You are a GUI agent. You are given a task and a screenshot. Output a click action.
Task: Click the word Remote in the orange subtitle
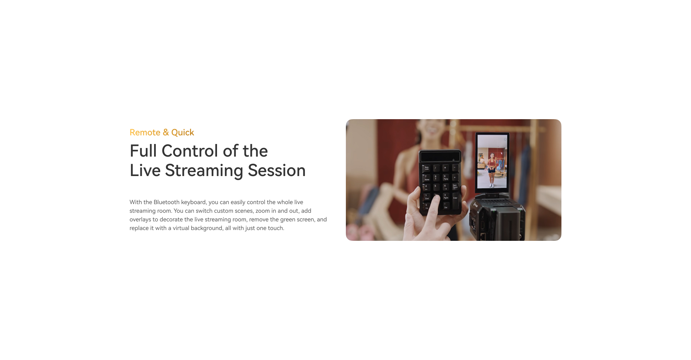click(x=145, y=132)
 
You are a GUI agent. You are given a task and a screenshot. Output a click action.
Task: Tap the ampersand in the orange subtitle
click(x=166, y=132)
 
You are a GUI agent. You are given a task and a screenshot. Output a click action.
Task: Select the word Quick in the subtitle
click(x=182, y=132)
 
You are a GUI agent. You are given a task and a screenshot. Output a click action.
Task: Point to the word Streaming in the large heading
click(x=204, y=171)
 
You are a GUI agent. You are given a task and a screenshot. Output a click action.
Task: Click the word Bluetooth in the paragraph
click(x=167, y=202)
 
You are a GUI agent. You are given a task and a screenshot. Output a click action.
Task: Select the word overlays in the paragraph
click(x=140, y=220)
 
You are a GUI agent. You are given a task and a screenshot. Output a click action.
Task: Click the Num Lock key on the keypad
click(x=426, y=168)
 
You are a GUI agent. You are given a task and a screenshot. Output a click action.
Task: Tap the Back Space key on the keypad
click(x=455, y=186)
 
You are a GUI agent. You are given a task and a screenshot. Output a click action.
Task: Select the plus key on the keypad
click(x=455, y=177)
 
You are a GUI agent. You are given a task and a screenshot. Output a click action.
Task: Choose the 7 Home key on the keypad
click(x=426, y=178)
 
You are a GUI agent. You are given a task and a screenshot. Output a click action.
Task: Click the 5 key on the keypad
click(x=436, y=187)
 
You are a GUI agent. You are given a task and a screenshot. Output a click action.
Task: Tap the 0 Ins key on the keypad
click(x=426, y=206)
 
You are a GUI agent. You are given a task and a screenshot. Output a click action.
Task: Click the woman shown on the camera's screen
click(x=491, y=170)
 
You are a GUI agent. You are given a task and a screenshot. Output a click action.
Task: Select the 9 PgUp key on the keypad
click(x=446, y=177)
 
